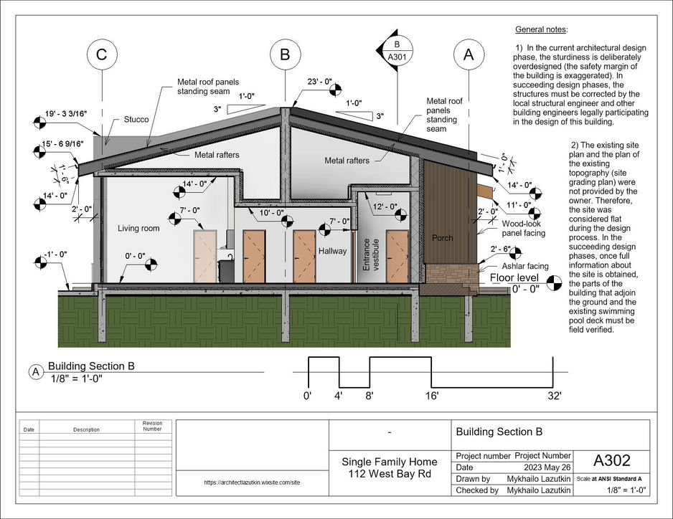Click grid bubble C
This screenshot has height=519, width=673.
pos(103,54)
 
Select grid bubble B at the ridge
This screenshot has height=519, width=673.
pos(286,54)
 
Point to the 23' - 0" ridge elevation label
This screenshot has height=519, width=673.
pos(319,82)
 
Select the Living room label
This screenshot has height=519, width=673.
pos(138,228)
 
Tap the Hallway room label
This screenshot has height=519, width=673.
pos(332,251)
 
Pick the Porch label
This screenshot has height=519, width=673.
pos(442,237)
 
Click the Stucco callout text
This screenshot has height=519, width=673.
pos(136,120)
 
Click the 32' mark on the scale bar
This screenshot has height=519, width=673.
pos(555,395)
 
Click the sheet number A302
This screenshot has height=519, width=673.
pos(611,460)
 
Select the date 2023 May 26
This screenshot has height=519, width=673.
pos(542,467)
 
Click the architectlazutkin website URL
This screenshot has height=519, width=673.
pos(252,482)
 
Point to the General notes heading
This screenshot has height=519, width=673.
pos(541,29)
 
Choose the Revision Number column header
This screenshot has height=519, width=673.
pos(152,426)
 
